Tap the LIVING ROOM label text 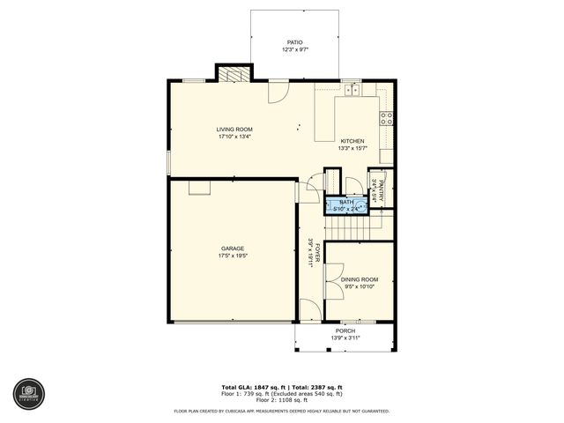(234, 130)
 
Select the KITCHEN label (352, 141)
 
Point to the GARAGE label (233, 249)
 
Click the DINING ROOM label (359, 279)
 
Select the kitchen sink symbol (352, 89)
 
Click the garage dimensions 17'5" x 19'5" (233, 256)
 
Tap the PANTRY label (381, 191)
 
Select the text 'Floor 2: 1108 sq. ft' (282, 401)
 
